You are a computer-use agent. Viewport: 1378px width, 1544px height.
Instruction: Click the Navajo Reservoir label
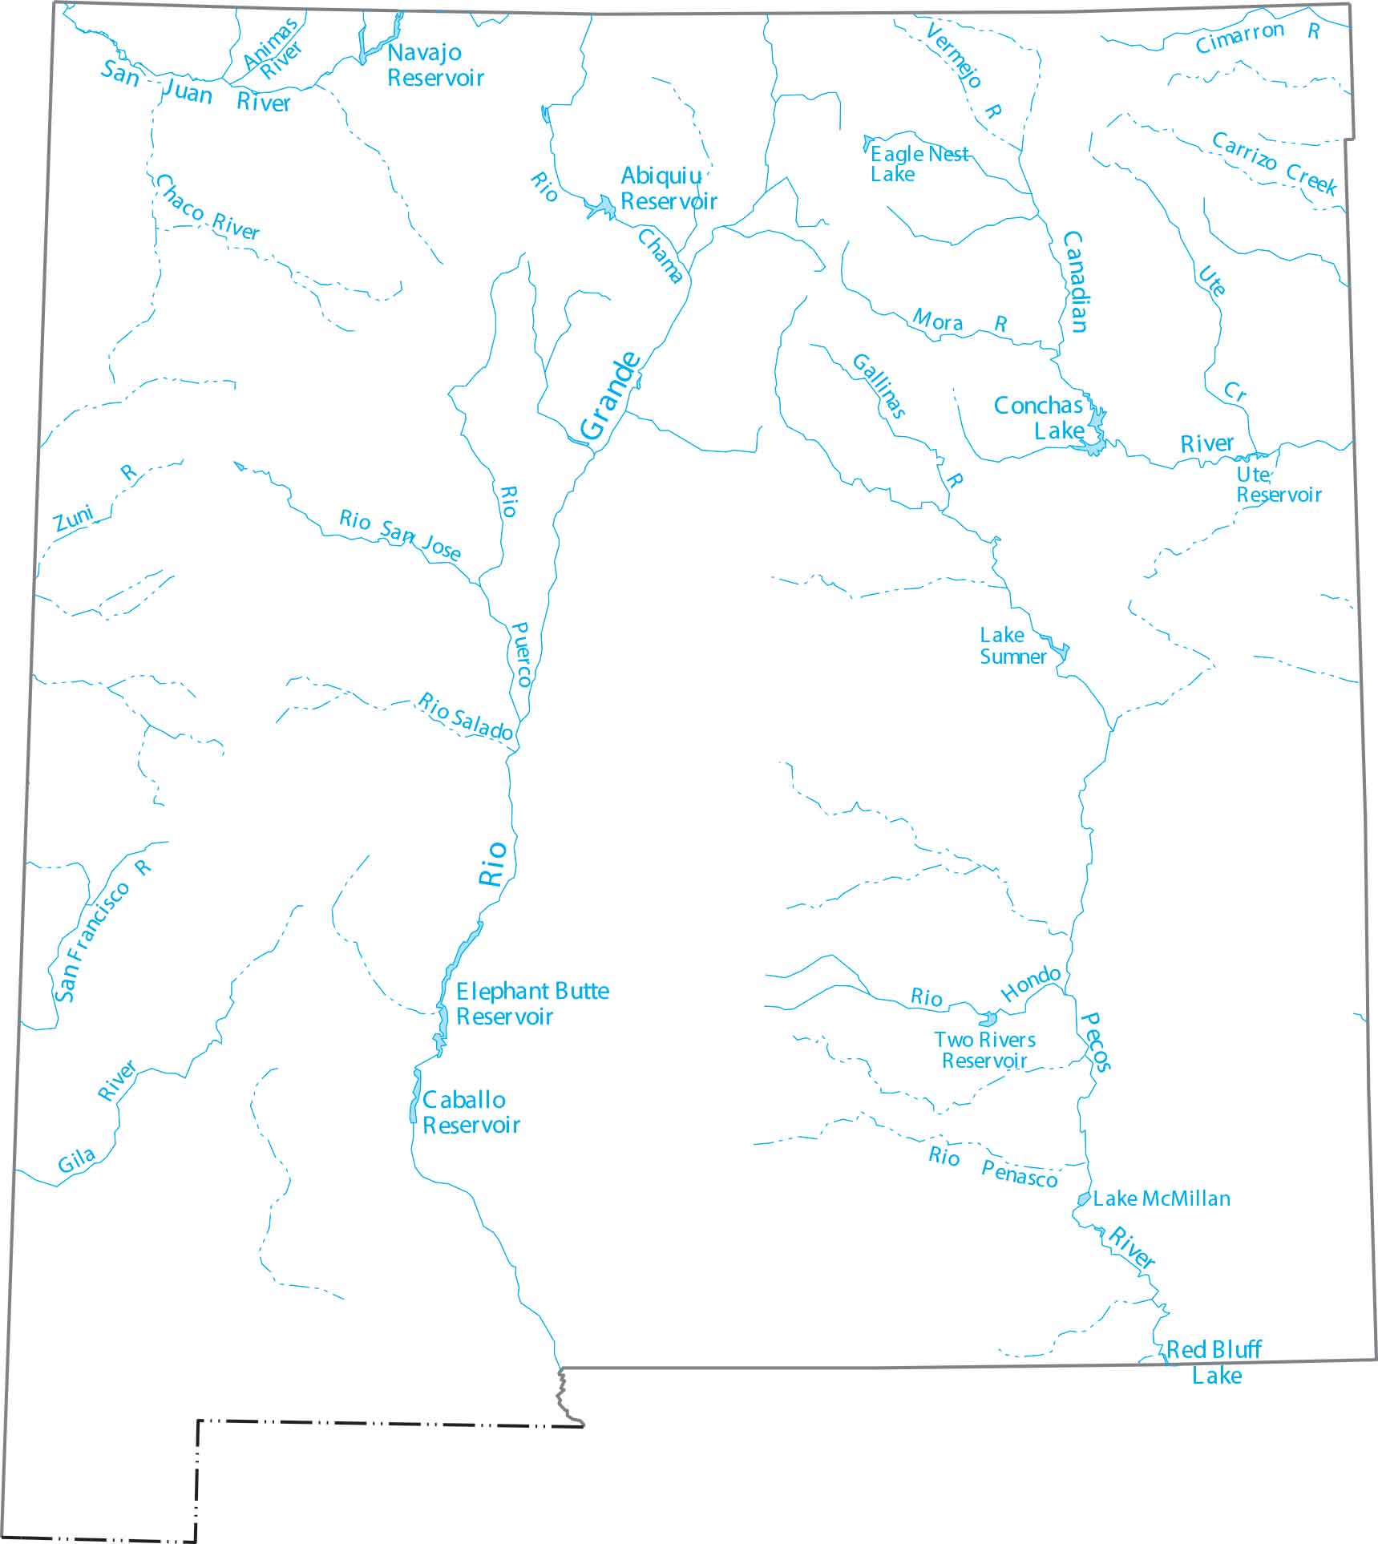pos(435,65)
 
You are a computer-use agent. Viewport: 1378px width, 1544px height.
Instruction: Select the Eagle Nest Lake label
pos(918,164)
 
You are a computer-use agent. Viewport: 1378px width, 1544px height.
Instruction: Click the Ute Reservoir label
pos(1278,485)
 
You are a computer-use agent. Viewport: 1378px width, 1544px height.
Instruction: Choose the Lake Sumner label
pos(1012,646)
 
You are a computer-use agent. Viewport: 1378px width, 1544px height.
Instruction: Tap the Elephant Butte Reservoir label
pos(531,1004)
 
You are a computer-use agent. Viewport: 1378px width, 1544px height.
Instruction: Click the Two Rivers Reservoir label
pos(984,1050)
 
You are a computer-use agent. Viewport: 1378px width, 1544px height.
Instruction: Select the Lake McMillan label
pos(1161,1199)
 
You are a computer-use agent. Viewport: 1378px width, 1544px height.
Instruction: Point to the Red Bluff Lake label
pos(1215,1363)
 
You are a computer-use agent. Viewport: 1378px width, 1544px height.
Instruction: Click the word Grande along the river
pos(611,397)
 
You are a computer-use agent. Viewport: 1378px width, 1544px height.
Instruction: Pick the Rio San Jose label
pos(399,533)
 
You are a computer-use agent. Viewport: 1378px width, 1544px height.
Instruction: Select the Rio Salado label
pos(465,716)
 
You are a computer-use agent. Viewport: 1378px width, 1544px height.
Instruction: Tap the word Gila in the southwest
pos(76,1160)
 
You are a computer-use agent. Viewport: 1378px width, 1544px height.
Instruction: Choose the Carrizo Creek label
pos(1274,164)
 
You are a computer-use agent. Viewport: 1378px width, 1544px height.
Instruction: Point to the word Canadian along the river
pos(1075,281)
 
